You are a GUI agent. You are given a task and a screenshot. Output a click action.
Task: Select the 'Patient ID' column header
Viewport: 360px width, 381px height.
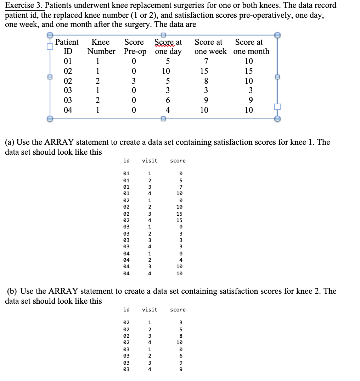point(67,46)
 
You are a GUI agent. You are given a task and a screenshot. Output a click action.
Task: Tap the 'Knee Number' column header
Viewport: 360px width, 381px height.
point(101,46)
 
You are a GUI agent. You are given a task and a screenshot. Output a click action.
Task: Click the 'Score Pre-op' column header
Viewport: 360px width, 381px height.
point(135,46)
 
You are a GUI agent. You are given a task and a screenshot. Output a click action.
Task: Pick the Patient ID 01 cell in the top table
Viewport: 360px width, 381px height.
point(67,61)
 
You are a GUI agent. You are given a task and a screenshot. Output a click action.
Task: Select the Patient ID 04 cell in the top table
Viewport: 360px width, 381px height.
point(67,110)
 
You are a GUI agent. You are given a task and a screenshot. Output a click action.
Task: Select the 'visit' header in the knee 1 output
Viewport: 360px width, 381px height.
point(150,161)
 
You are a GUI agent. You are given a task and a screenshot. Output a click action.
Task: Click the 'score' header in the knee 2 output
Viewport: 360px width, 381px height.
point(178,310)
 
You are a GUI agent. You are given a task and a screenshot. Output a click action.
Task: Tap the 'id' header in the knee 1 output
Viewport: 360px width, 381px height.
point(126,161)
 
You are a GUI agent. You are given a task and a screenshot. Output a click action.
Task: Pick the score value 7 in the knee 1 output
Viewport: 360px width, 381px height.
point(181,187)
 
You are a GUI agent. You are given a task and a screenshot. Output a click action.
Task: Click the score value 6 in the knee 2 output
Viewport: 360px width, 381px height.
point(181,355)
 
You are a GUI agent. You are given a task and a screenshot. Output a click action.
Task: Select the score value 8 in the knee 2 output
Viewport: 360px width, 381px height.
point(181,336)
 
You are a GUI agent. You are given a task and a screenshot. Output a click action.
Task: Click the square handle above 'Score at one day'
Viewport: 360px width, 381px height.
point(163,35)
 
